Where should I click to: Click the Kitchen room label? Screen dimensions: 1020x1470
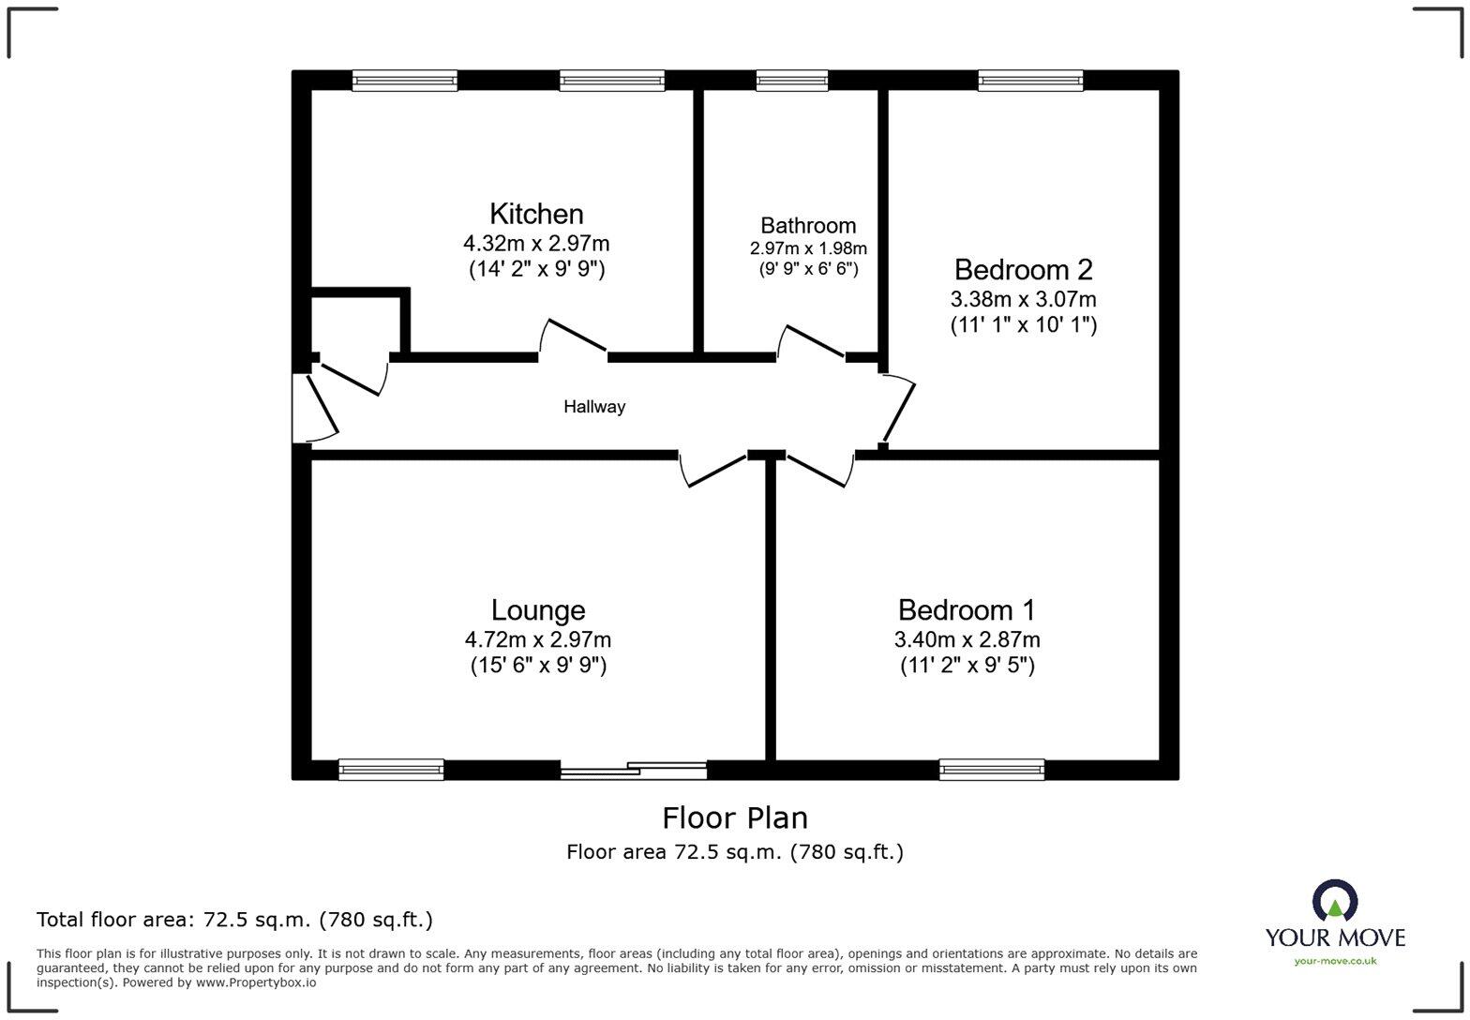tap(536, 214)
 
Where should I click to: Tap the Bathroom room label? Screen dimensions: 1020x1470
tap(808, 226)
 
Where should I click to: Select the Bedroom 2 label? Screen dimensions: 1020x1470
tap(1023, 270)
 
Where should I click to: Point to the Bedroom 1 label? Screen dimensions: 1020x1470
tap(966, 610)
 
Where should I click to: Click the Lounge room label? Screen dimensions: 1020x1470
tap(538, 610)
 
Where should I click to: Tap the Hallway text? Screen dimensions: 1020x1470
tap(594, 407)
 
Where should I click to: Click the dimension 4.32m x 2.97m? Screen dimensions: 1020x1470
tap(536, 244)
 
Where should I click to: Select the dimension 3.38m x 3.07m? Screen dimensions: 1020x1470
tap(1023, 300)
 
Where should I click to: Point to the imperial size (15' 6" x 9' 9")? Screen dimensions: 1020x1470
tap(538, 666)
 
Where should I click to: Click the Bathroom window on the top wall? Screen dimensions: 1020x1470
tap(792, 81)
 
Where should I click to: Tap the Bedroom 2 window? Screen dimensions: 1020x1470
tap(1030, 81)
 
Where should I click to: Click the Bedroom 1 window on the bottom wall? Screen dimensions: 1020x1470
tap(992, 770)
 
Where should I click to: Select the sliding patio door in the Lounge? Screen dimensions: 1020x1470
tap(634, 771)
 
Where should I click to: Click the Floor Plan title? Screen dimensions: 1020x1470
tap(735, 817)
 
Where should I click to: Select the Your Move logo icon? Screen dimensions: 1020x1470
tap(1335, 902)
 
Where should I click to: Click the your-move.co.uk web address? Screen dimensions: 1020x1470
tap(1335, 960)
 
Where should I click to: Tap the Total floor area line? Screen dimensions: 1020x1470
tap(234, 920)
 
